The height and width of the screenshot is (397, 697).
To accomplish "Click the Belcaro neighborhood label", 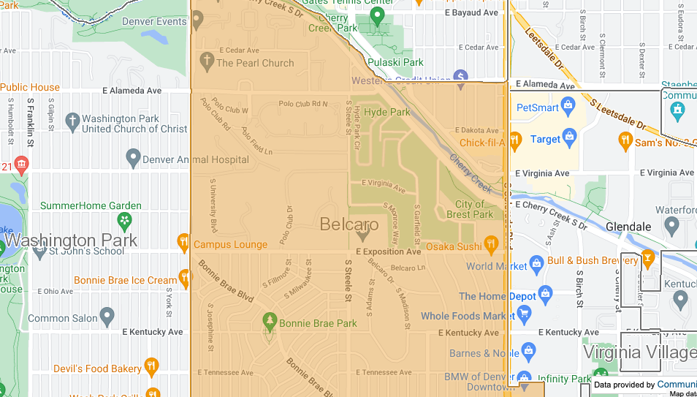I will [x=349, y=224].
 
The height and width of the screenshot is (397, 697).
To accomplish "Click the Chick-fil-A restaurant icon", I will [x=515, y=140].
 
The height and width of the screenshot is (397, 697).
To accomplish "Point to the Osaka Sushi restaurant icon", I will [x=491, y=243].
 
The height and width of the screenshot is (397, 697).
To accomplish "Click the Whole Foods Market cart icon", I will [x=524, y=314].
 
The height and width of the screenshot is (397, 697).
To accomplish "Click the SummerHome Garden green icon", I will [x=126, y=219].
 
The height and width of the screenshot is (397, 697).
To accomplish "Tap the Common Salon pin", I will [x=107, y=317].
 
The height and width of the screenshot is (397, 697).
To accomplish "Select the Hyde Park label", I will [x=387, y=112].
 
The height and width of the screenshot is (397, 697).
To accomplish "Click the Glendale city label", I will [x=628, y=227].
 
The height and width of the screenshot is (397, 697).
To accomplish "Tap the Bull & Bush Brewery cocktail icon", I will [x=647, y=259].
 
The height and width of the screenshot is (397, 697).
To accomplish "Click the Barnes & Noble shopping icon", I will [x=529, y=353].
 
